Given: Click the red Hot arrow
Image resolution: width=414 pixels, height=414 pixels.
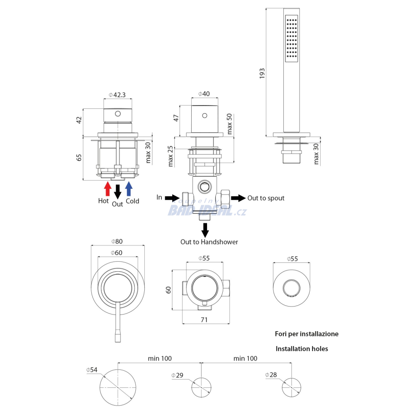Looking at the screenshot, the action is (x=108, y=188).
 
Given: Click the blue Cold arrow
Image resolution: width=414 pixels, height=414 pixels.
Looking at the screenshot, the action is (x=129, y=188).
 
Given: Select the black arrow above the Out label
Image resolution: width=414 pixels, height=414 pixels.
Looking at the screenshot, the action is (x=118, y=191).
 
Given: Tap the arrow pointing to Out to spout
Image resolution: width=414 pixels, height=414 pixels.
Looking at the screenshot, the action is (x=238, y=198).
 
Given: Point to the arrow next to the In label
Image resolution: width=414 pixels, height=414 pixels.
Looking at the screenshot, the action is (x=172, y=198).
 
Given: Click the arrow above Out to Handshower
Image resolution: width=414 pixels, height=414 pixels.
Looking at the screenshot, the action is (x=205, y=230).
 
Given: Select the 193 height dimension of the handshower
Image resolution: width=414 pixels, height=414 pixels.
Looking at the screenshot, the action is (x=262, y=73).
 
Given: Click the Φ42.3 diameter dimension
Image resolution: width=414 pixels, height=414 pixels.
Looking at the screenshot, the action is (x=118, y=95).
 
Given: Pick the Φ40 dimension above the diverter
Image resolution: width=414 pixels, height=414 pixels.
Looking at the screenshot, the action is (x=204, y=94).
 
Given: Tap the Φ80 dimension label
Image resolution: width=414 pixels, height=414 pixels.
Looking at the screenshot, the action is (x=117, y=241).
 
